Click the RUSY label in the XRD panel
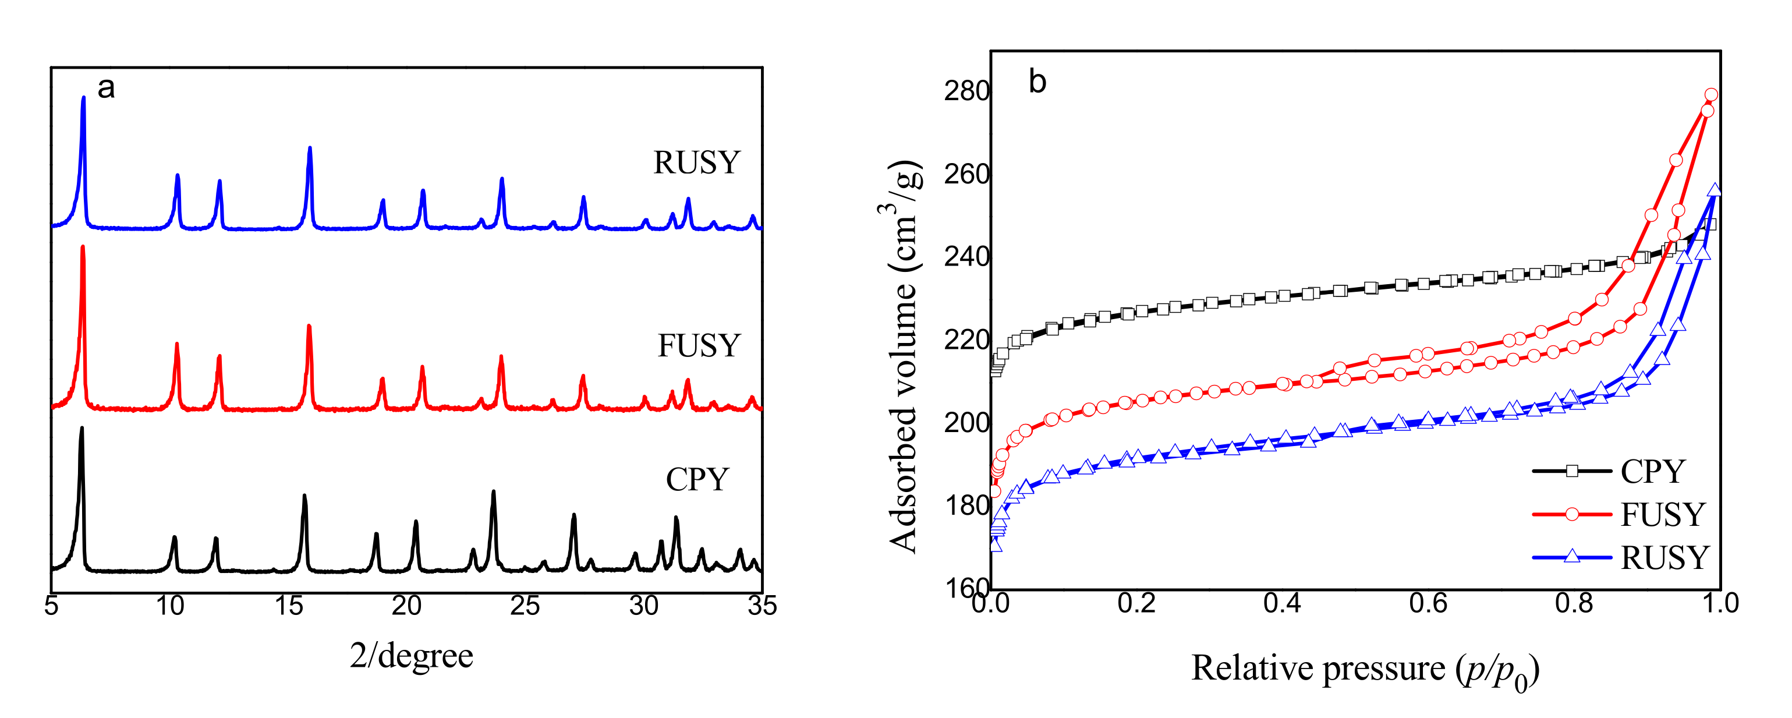[x=696, y=163]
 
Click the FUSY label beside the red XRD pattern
[x=699, y=346]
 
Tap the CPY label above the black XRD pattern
[x=697, y=479]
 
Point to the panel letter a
[x=106, y=88]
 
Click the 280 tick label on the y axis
[x=966, y=91]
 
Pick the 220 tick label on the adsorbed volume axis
[x=966, y=340]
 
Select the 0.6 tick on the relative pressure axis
[x=1428, y=603]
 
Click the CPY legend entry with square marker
[x=1621, y=472]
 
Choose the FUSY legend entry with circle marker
[x=1621, y=515]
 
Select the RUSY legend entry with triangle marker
[x=1621, y=557]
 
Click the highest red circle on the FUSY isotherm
[x=1711, y=94]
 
